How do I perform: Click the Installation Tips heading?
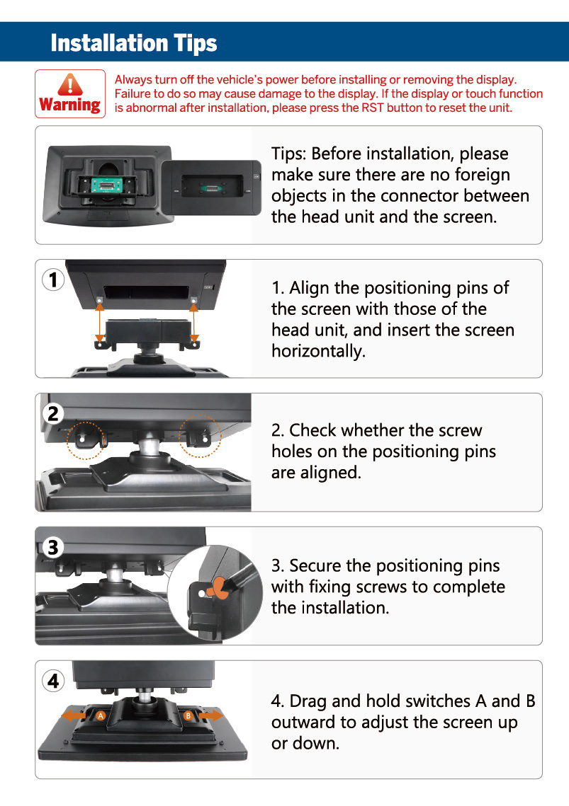pyautogui.click(x=134, y=43)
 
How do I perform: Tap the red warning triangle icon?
pyautogui.click(x=70, y=84)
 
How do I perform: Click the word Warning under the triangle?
pyautogui.click(x=70, y=105)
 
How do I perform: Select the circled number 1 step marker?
pyautogui.click(x=53, y=280)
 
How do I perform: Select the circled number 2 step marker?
pyautogui.click(x=53, y=413)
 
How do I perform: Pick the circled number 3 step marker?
pyautogui.click(x=53, y=547)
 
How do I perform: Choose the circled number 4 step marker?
pyautogui.click(x=53, y=681)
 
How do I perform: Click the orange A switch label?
pyautogui.click(x=101, y=715)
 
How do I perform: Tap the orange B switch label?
pyautogui.click(x=188, y=715)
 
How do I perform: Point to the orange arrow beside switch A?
pyautogui.click(x=74, y=715)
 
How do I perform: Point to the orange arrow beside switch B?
pyautogui.click(x=211, y=715)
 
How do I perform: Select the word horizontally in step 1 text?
pyautogui.click(x=318, y=351)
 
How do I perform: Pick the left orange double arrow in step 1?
pyautogui.click(x=99, y=323)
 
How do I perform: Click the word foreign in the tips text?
pyautogui.click(x=482, y=175)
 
